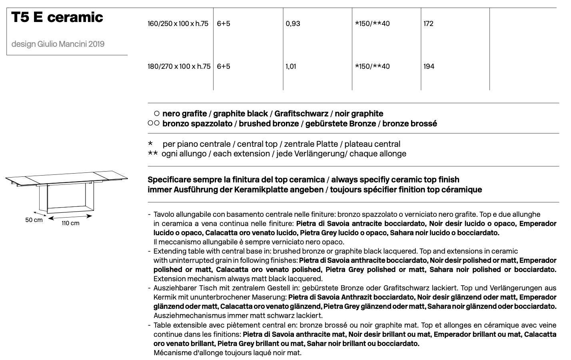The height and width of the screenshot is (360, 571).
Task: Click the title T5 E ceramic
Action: point(57,17)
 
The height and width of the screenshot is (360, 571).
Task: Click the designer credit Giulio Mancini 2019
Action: point(58,44)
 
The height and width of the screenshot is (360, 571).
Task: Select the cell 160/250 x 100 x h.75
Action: point(178,24)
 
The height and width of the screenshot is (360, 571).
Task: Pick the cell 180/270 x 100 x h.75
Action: point(179,66)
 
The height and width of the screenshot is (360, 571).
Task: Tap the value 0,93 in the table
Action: point(293,24)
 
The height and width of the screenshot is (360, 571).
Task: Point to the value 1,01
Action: point(291,66)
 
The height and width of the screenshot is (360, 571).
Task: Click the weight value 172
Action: point(428,24)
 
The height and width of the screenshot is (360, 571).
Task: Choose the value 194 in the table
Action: point(429,66)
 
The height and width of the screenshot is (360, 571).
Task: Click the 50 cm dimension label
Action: point(34,220)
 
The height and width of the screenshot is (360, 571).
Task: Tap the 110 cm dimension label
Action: point(70,223)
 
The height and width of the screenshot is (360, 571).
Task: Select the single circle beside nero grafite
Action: point(157,114)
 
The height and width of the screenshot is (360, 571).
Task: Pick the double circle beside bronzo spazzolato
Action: point(154,124)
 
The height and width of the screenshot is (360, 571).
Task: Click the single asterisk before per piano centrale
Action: point(150,144)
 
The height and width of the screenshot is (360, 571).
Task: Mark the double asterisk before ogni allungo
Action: point(152,154)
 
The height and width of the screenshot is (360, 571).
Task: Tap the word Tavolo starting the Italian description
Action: point(163,214)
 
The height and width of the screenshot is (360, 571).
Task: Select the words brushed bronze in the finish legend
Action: point(269,124)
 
